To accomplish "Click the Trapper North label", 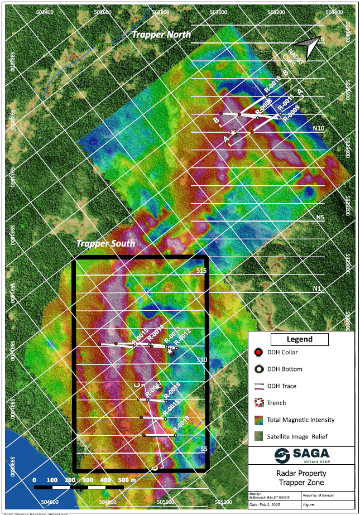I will tap(161, 35).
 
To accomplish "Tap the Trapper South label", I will tap(105, 244).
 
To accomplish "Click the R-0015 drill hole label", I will tap(139, 336).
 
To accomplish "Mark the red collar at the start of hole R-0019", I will tap(144, 435).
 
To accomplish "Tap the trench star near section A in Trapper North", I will tap(233, 132).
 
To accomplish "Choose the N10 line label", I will tap(319, 128).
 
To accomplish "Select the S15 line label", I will tap(201, 271).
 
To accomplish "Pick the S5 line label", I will tap(204, 449).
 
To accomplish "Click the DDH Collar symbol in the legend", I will tap(258, 352).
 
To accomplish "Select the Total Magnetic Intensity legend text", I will tap(301, 420).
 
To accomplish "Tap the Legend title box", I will tap(300, 339).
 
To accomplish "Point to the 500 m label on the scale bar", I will tap(126, 480).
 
